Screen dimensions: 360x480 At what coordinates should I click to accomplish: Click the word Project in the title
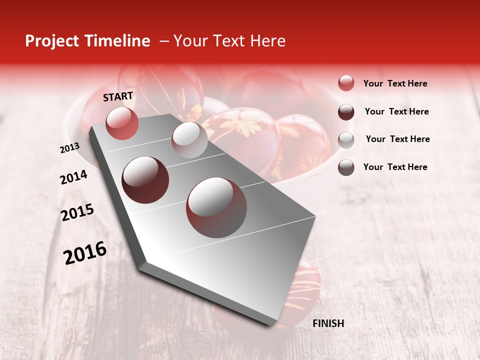pyautogui.click(x=52, y=41)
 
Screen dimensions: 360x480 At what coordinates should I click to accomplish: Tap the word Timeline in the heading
pyautogui.click(x=116, y=41)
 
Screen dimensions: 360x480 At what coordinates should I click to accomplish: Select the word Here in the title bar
pyautogui.click(x=267, y=41)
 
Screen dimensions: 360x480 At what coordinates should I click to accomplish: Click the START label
pyautogui.click(x=118, y=96)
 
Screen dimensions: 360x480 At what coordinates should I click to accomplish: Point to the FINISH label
pyautogui.click(x=328, y=323)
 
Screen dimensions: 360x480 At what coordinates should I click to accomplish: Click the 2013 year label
pyautogui.click(x=69, y=148)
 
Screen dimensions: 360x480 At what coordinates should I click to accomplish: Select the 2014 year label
pyautogui.click(x=73, y=177)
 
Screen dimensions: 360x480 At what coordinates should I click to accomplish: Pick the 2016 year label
pyautogui.click(x=85, y=252)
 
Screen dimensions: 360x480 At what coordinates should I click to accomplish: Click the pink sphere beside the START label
pyautogui.click(x=122, y=123)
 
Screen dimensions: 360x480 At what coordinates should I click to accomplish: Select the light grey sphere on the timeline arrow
pyautogui.click(x=189, y=140)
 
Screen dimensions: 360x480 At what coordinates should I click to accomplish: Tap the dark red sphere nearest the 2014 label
pyautogui.click(x=145, y=180)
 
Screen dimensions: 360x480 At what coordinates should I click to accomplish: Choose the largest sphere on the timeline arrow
pyautogui.click(x=216, y=207)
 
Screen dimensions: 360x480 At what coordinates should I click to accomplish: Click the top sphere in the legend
pyautogui.click(x=346, y=83)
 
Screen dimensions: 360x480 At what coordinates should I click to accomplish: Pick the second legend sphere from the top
pyautogui.click(x=346, y=112)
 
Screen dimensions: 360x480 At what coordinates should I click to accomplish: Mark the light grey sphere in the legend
pyautogui.click(x=346, y=140)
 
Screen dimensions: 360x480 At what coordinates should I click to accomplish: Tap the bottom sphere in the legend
pyautogui.click(x=346, y=167)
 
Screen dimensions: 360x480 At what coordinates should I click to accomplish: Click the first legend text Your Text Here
pyautogui.click(x=395, y=83)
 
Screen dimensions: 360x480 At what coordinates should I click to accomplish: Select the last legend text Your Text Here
pyautogui.click(x=395, y=167)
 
